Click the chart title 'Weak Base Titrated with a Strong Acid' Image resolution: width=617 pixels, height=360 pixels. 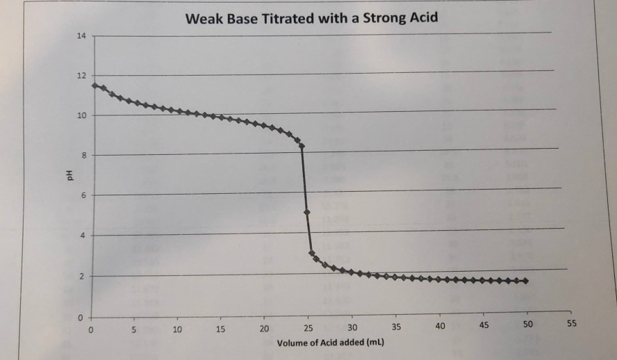click(312, 17)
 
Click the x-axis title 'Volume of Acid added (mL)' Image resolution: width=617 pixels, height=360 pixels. click(331, 344)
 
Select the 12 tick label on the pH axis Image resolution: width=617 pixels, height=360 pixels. click(82, 75)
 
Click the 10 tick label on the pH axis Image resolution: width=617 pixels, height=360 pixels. click(82, 115)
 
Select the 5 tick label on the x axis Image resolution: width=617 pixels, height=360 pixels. click(134, 328)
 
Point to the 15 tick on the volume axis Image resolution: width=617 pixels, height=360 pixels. click(221, 328)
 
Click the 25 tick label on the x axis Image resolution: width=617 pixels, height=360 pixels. click(308, 328)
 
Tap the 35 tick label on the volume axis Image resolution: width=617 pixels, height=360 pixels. click(396, 327)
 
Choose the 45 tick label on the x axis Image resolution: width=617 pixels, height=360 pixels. click(484, 327)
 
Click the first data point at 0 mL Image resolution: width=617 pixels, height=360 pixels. click(94, 85)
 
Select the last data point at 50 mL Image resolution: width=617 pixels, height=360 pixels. click(526, 281)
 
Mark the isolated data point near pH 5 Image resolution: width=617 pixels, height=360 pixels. click(306, 211)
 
